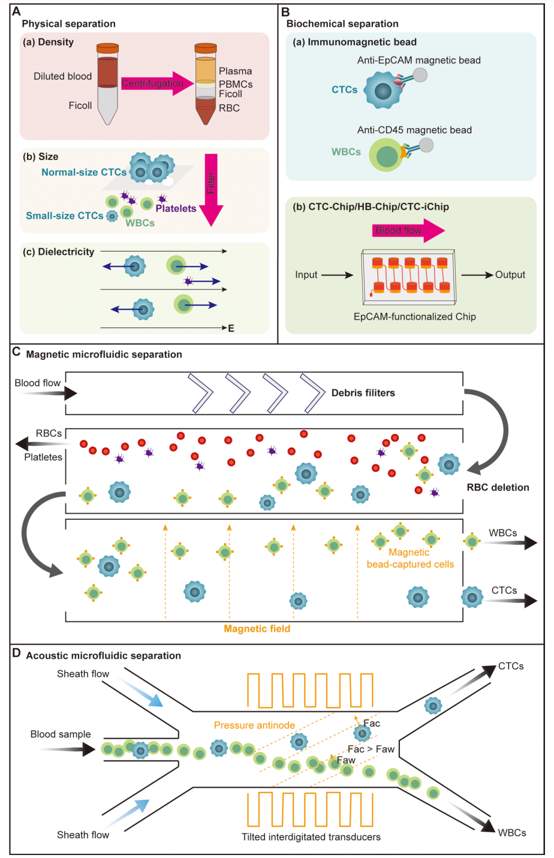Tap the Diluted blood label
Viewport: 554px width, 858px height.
(63, 76)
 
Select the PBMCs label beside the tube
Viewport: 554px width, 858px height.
(236, 84)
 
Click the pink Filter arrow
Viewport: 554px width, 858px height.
(211, 189)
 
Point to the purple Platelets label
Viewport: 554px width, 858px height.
(176, 209)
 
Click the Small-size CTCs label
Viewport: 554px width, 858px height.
(65, 216)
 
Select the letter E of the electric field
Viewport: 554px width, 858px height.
(231, 329)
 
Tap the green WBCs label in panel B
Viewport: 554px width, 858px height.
(347, 152)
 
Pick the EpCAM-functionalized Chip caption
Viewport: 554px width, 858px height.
(414, 317)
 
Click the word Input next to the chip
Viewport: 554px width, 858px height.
(306, 275)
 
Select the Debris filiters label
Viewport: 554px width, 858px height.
(363, 393)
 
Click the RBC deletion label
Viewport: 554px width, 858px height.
(498, 487)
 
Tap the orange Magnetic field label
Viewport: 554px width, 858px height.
(257, 629)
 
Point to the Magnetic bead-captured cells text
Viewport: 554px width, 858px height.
(410, 558)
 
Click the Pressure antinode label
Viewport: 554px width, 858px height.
(254, 725)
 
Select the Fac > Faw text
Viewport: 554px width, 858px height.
(371, 749)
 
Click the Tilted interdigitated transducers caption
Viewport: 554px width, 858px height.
(311, 836)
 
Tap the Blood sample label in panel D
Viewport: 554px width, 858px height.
(61, 734)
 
